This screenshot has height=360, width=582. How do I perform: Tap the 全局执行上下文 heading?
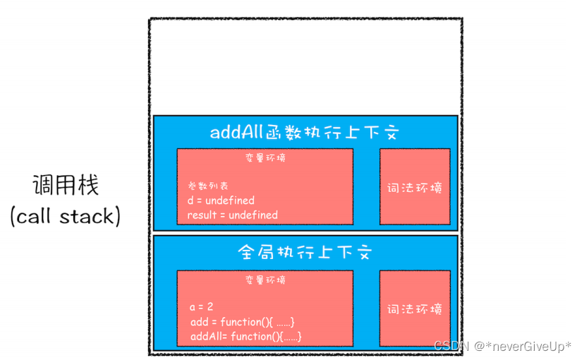click(x=305, y=252)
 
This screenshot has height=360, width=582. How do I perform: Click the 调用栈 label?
click(x=66, y=185)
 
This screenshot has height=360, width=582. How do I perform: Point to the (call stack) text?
click(x=66, y=215)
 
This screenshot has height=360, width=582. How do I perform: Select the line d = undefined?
click(x=221, y=200)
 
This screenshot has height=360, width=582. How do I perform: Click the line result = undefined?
click(x=233, y=215)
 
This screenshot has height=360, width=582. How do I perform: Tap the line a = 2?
click(x=202, y=307)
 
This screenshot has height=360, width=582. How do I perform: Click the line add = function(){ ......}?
click(x=242, y=322)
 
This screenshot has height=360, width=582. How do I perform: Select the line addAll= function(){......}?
click(x=245, y=337)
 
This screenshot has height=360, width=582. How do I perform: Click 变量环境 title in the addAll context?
click(x=265, y=158)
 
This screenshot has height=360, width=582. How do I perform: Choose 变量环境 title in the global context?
click(x=265, y=280)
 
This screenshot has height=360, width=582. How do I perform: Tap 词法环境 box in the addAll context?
click(x=415, y=188)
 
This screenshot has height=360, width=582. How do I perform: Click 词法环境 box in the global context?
click(x=415, y=309)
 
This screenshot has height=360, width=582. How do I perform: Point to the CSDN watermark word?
click(x=448, y=346)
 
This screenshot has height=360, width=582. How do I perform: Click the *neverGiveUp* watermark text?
click(x=523, y=346)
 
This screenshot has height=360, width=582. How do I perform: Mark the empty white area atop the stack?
click(x=305, y=67)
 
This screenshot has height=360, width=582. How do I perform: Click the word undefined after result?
click(x=251, y=215)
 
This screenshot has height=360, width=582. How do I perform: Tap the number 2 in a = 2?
click(x=210, y=307)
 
